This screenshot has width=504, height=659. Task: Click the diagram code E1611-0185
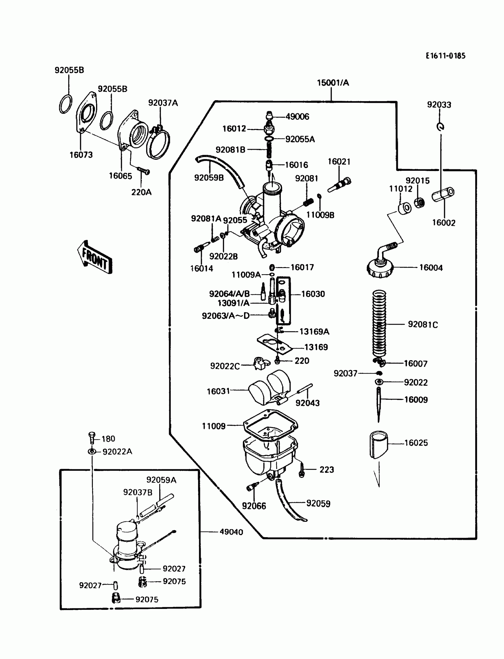[445, 56]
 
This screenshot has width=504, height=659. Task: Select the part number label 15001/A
[333, 83]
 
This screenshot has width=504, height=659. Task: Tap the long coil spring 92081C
[379, 324]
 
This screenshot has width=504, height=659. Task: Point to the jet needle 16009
[379, 403]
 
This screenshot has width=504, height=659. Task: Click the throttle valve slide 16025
[379, 444]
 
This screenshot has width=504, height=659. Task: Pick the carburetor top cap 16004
[379, 267]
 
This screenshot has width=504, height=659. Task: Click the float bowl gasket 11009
[270, 425]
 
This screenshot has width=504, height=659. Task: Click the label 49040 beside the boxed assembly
[231, 532]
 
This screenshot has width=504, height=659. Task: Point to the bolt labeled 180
[92, 438]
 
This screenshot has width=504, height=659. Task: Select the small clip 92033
[440, 127]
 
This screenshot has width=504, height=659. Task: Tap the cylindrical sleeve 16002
[443, 194]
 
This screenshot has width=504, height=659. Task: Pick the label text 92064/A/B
[229, 294]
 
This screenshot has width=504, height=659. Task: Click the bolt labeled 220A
[144, 171]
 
